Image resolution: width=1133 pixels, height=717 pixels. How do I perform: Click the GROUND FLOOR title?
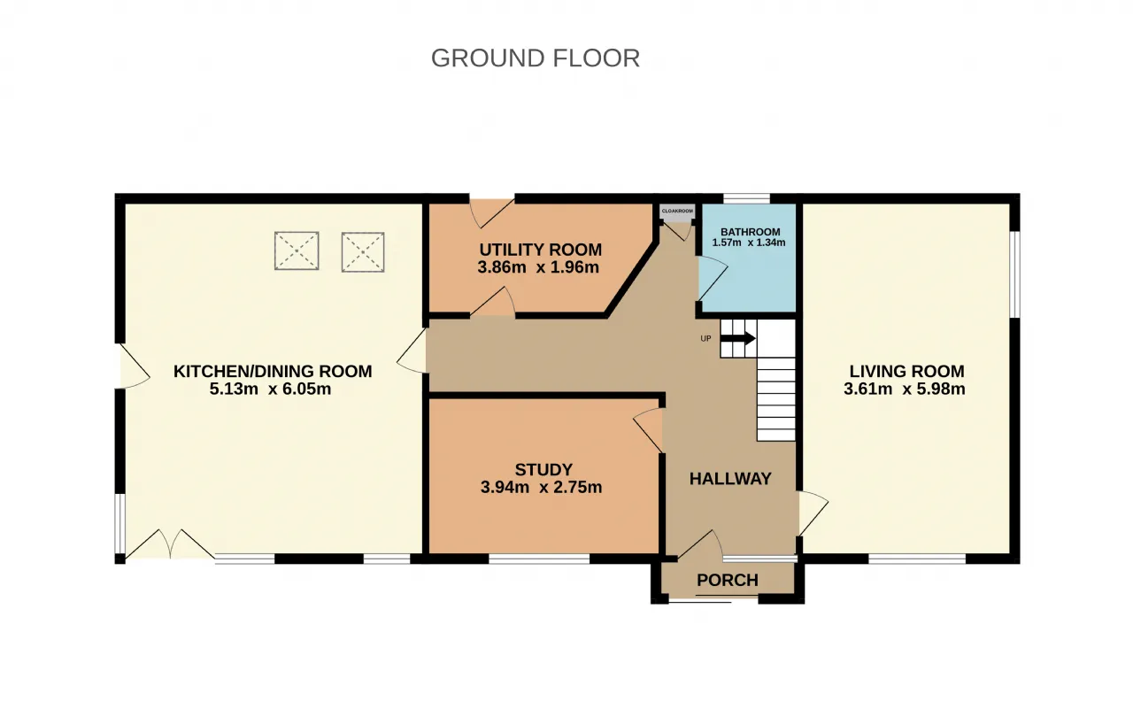tap(536, 58)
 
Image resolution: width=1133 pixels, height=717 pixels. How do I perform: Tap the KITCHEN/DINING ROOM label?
tap(273, 371)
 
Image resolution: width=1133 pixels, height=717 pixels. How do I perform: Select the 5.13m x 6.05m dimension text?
tap(270, 389)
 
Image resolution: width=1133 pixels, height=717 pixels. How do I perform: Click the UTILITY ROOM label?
tap(541, 250)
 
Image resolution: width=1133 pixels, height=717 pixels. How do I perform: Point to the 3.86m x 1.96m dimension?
tap(538, 267)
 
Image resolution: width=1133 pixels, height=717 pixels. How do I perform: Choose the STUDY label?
tap(543, 470)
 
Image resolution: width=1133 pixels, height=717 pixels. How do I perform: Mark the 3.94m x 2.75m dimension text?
tap(541, 488)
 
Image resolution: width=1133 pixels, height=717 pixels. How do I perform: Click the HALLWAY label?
tap(730, 478)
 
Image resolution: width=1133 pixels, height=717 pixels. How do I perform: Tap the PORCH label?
tap(728, 580)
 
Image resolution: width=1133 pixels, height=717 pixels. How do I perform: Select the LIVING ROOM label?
tap(907, 371)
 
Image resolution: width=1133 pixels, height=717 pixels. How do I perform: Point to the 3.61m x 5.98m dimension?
tap(905, 389)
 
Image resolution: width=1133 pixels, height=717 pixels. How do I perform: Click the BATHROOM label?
tap(750, 232)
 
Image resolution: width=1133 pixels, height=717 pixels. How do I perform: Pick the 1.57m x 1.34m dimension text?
tap(749, 243)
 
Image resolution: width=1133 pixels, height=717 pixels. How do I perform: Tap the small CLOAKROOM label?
tap(677, 211)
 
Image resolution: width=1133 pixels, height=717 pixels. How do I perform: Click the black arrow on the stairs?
tap(738, 338)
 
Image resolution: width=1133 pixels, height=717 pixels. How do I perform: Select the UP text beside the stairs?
tap(705, 339)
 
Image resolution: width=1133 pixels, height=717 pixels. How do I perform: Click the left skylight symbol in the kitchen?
tap(297, 251)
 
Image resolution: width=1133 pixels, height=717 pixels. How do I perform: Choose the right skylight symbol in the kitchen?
tap(363, 251)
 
